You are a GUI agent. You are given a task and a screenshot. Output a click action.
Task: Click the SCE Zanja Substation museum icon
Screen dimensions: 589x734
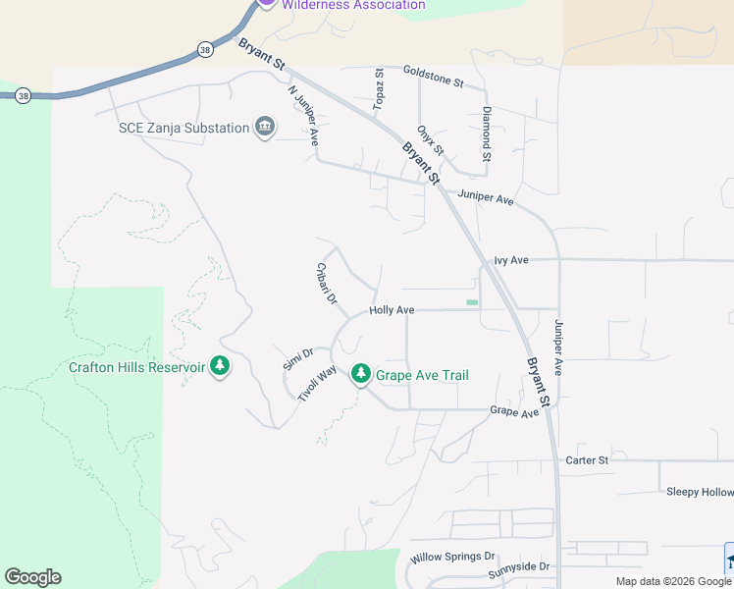coord(264,127)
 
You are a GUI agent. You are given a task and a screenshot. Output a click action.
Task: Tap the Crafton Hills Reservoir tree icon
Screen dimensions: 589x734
coord(220,367)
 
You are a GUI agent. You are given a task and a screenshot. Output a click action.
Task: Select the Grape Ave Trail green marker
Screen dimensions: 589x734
coord(361,374)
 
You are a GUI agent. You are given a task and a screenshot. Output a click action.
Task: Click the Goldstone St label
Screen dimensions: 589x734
coord(433,78)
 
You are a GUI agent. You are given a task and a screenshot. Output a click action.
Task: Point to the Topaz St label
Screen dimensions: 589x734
coord(379,89)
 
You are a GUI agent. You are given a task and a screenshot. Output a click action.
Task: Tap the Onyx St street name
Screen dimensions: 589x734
coord(431,139)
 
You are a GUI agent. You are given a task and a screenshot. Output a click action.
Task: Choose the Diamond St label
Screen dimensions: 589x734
coord(486,134)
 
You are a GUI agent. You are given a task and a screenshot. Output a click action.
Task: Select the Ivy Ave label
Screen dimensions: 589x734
coord(511,260)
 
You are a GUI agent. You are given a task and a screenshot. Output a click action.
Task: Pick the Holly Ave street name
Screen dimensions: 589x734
coord(392,310)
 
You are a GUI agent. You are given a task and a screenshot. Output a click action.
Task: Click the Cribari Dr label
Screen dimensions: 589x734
coord(327,283)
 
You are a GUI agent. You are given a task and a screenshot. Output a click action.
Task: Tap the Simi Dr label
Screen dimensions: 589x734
coord(297,359)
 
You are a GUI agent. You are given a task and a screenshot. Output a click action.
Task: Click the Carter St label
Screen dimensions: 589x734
coord(587,459)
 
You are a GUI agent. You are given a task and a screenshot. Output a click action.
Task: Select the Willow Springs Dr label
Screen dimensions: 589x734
coord(452,556)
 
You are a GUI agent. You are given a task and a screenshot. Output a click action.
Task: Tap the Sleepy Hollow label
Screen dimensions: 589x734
coord(699,492)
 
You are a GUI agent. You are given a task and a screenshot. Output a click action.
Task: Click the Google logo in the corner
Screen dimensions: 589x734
coord(32,577)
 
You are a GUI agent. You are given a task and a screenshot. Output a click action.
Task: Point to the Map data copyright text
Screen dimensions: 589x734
coord(673,581)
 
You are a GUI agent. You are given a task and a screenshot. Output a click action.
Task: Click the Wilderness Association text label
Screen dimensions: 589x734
coord(353,5)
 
